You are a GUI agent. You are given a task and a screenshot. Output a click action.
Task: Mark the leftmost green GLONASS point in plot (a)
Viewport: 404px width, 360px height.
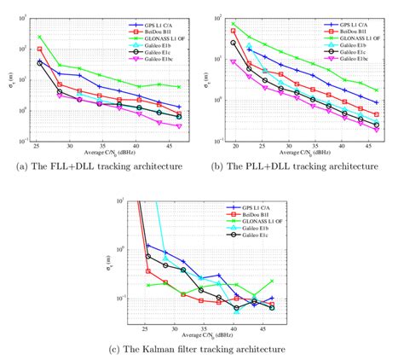pyautogui.click(x=39, y=37)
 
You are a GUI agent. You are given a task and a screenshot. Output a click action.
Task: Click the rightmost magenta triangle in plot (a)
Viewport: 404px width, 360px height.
pyautogui.click(x=179, y=126)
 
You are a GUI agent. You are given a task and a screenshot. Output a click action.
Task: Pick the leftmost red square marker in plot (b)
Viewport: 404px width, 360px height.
pyautogui.click(x=234, y=31)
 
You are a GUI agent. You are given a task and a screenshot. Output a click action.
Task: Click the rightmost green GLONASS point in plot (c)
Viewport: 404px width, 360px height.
pyautogui.click(x=272, y=281)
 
